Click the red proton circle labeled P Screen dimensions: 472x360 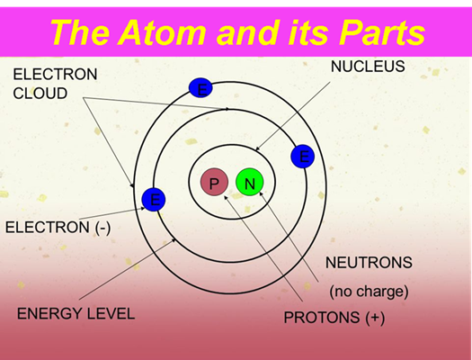click(x=214, y=183)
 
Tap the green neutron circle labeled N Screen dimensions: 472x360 click(x=250, y=183)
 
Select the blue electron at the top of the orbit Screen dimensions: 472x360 click(x=200, y=88)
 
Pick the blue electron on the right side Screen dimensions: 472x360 click(x=303, y=157)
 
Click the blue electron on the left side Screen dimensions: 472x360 click(x=154, y=200)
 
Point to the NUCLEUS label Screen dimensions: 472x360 click(x=368, y=67)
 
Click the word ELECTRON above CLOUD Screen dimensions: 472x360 click(x=55, y=74)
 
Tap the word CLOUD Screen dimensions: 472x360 click(x=40, y=94)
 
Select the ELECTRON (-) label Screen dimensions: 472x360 click(x=58, y=227)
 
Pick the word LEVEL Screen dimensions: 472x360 click(x=111, y=313)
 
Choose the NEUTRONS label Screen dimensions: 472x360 click(x=369, y=263)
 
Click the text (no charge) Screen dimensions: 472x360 click(x=369, y=292)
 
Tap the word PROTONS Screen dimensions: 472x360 click(x=322, y=317)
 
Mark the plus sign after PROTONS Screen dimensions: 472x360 click(x=375, y=318)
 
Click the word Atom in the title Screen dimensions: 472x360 click(x=164, y=32)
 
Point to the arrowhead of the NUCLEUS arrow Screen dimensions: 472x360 click(x=257, y=148)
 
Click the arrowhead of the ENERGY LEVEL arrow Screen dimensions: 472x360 click(x=174, y=240)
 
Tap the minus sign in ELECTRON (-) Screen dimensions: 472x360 click(x=102, y=228)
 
